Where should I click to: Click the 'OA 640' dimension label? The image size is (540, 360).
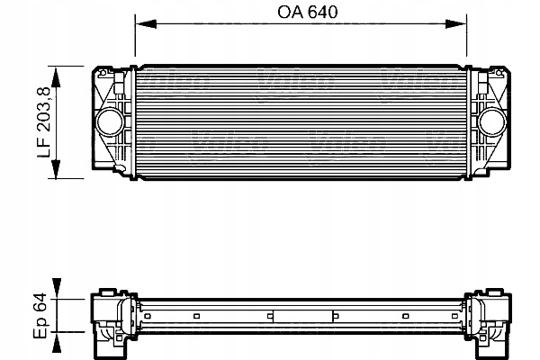(301, 14)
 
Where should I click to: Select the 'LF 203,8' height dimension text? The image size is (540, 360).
(42, 121)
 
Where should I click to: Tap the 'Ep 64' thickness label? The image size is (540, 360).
(42, 317)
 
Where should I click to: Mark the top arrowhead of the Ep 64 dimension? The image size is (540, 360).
(58, 297)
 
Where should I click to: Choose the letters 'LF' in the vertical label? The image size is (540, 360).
(42, 154)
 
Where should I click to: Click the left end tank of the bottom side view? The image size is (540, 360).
(112, 316)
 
